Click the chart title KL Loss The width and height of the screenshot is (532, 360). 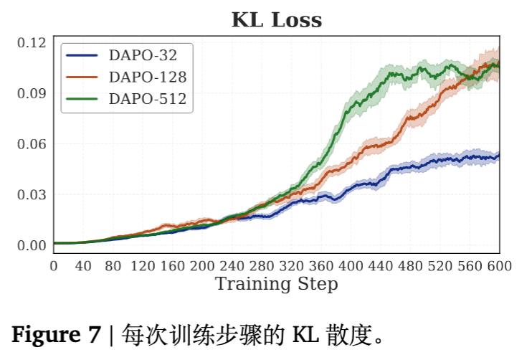[x=276, y=20]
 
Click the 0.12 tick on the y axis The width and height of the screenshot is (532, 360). [x=31, y=42]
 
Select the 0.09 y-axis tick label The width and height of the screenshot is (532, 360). [x=31, y=93]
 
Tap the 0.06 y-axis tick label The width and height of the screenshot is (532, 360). [x=31, y=144]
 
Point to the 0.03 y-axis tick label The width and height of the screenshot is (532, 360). [x=31, y=194]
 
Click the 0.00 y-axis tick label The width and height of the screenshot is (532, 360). [x=31, y=245]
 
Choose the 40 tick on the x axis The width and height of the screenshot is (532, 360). [x=83, y=266]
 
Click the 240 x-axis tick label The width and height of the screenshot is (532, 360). [x=232, y=266]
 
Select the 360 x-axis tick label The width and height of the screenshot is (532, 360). [x=320, y=266]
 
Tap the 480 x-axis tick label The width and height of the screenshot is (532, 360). [x=410, y=266]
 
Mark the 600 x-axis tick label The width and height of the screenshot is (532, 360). [x=498, y=266]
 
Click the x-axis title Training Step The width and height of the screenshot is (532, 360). [x=276, y=284]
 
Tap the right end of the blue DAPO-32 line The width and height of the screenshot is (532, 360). [x=498, y=155]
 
